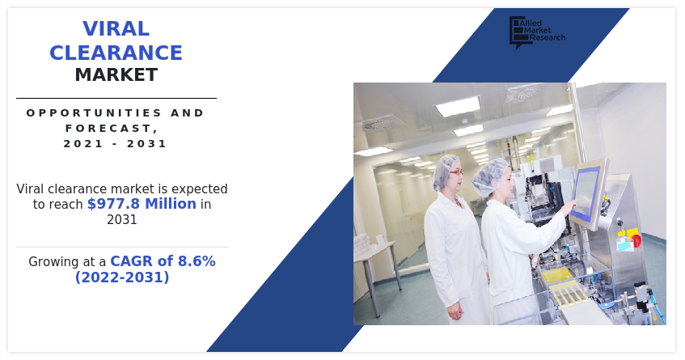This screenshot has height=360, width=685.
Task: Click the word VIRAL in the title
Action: [x=116, y=29]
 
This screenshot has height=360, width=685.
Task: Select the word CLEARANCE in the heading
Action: [x=116, y=53]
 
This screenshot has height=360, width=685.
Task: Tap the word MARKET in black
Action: [x=116, y=75]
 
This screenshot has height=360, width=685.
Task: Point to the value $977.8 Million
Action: [x=142, y=204]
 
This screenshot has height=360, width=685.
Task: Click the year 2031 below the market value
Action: [x=122, y=219]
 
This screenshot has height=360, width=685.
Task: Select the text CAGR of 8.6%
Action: [x=163, y=261]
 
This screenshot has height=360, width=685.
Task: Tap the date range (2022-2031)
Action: [x=122, y=277]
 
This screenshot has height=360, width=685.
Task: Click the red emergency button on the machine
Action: [x=636, y=240]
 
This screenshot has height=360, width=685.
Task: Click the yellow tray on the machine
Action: [x=558, y=276]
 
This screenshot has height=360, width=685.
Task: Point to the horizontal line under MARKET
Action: [x=116, y=99]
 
